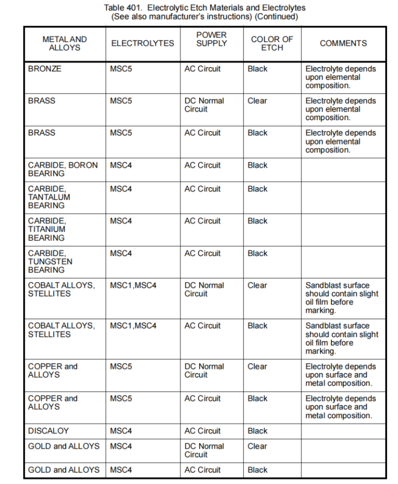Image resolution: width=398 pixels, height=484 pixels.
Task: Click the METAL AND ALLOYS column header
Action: pos(65,43)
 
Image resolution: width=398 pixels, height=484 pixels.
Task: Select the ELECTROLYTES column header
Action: pos(142,43)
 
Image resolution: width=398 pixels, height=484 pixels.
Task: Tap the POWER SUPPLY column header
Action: pos(211,39)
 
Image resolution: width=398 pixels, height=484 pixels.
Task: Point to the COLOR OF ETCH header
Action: pos(272,43)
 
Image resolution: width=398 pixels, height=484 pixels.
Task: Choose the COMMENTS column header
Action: pos(343,43)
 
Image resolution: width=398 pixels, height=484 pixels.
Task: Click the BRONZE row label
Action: pos(45,69)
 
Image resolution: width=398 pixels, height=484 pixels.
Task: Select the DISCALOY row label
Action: pos(48,431)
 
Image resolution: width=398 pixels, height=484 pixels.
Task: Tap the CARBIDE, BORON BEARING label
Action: pos(63,169)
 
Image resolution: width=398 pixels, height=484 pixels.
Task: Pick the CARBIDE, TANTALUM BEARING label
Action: pos(49,197)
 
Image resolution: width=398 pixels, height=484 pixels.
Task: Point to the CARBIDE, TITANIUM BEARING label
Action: pos(47,229)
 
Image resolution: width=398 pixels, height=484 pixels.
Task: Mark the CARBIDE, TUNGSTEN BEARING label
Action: pos(50,261)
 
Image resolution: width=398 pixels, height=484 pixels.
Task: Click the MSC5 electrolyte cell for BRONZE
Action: pos(121,69)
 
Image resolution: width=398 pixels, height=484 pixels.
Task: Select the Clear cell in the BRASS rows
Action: pos(257,101)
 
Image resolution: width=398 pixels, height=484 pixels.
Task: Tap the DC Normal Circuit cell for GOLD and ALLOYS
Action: pos(204,450)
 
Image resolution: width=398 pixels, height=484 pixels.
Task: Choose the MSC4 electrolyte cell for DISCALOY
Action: pos(121,431)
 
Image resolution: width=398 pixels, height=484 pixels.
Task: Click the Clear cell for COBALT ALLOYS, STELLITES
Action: pos(257,285)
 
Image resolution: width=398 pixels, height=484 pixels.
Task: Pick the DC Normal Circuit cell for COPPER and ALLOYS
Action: pos(204,371)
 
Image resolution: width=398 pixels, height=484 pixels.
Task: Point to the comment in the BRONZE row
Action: pos(340,77)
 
